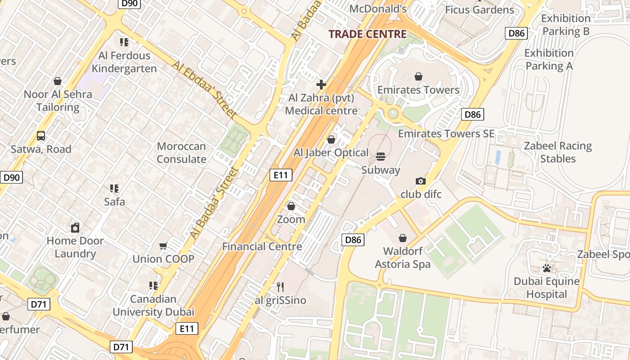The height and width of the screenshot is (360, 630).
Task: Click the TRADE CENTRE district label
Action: tap(367, 34)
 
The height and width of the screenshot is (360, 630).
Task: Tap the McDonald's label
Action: tap(378, 9)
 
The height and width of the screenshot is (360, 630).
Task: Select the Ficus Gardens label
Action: tap(479, 9)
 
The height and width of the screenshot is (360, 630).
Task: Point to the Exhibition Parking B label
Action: tap(566, 25)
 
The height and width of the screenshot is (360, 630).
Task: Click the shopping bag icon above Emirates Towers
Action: tap(418, 76)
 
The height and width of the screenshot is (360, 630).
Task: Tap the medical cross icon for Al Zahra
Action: tap(321, 85)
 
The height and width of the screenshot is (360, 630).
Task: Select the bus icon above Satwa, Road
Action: tap(41, 135)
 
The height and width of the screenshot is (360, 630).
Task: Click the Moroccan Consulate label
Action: tap(181, 153)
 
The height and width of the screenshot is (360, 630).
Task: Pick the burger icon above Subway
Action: tap(381, 157)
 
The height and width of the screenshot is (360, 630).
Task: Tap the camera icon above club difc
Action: tap(421, 181)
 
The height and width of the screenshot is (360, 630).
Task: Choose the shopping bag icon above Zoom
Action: tap(291, 206)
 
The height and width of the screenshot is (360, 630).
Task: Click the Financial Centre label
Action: tap(262, 246)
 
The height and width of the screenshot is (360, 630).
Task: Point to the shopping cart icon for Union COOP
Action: tap(163, 246)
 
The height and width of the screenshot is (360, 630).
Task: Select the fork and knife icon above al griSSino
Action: tap(280, 287)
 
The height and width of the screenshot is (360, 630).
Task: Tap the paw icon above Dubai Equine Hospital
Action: tap(547, 269)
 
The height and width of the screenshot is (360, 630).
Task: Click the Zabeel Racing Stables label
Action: tap(558, 152)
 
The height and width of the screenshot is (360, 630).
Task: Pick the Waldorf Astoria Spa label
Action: tap(402, 257)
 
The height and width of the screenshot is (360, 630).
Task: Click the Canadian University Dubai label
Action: tap(153, 305)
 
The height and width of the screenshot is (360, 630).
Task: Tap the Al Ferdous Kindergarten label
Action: tap(124, 62)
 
